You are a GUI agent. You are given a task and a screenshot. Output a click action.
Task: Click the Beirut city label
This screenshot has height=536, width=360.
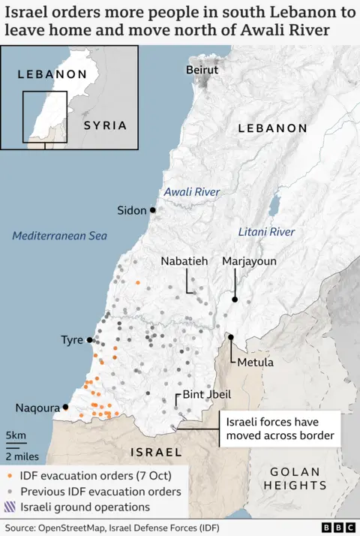pyautogui.click(x=202, y=70)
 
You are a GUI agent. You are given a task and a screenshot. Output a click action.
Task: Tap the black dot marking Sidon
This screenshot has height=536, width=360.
pyautogui.click(x=152, y=210)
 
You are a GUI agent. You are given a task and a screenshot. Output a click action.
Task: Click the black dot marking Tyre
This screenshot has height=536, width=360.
pyautogui.click(x=91, y=340)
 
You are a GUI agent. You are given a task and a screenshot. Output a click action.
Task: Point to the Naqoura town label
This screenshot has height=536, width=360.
pyautogui.click(x=37, y=408)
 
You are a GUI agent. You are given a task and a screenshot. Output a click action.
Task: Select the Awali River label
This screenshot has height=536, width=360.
pyautogui.click(x=192, y=192)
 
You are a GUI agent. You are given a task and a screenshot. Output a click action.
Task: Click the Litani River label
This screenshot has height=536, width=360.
pyautogui.click(x=266, y=232)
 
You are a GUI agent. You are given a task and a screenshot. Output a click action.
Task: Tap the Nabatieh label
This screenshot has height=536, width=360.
pyautogui.click(x=184, y=261)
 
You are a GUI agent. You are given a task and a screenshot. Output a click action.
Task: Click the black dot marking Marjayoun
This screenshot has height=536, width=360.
pyautogui.click(x=235, y=300)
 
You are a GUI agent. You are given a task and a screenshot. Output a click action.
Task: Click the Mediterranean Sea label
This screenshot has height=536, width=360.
pyautogui.click(x=60, y=236)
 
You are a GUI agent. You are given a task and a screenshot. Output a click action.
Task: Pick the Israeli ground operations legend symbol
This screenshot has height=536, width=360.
pyautogui.click(x=8, y=507)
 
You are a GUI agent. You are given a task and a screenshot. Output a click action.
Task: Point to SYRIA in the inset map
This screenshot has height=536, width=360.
pyautogui.click(x=105, y=125)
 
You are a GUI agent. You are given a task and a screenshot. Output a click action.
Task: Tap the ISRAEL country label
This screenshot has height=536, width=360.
pyautogui.click(x=156, y=452)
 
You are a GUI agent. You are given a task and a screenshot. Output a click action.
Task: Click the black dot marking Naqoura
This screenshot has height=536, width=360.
pyautogui.click(x=66, y=407)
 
